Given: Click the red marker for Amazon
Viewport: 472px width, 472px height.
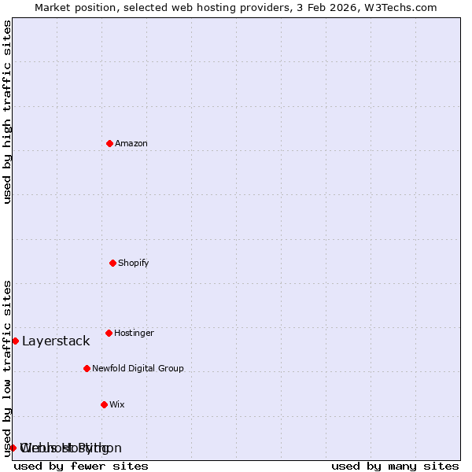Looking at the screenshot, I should pyautogui.click(x=109, y=143).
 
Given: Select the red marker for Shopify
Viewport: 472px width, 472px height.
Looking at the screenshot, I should pyautogui.click(x=112, y=263).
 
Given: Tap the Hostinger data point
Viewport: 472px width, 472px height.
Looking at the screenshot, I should pyautogui.click(x=109, y=333).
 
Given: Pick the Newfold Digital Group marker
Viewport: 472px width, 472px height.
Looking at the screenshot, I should pyautogui.click(x=87, y=368).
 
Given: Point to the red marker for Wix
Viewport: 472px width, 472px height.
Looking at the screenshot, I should pyautogui.click(x=104, y=404).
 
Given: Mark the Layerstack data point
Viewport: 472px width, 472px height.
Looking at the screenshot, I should pyautogui.click(x=15, y=341).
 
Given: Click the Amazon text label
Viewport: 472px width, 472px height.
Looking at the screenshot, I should pyautogui.click(x=131, y=143).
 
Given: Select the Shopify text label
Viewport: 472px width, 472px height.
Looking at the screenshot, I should pyautogui.click(x=134, y=263).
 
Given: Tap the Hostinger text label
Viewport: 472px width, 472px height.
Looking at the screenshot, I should pyautogui.click(x=134, y=333).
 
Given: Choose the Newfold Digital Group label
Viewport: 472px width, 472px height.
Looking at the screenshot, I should pyautogui.click(x=138, y=368).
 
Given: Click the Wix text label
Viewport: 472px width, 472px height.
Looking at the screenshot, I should pyautogui.click(x=117, y=404).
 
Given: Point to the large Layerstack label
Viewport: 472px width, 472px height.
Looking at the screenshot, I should pyautogui.click(x=56, y=341).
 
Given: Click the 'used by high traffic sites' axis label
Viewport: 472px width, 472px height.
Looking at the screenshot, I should pyautogui.click(x=7, y=112).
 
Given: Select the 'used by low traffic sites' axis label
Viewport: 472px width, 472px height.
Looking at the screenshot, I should pyautogui.click(x=7, y=368).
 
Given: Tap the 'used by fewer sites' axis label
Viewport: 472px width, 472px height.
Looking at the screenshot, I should pyautogui.click(x=81, y=466).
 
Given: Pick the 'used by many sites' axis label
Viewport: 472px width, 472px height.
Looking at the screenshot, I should pyautogui.click(x=395, y=466).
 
